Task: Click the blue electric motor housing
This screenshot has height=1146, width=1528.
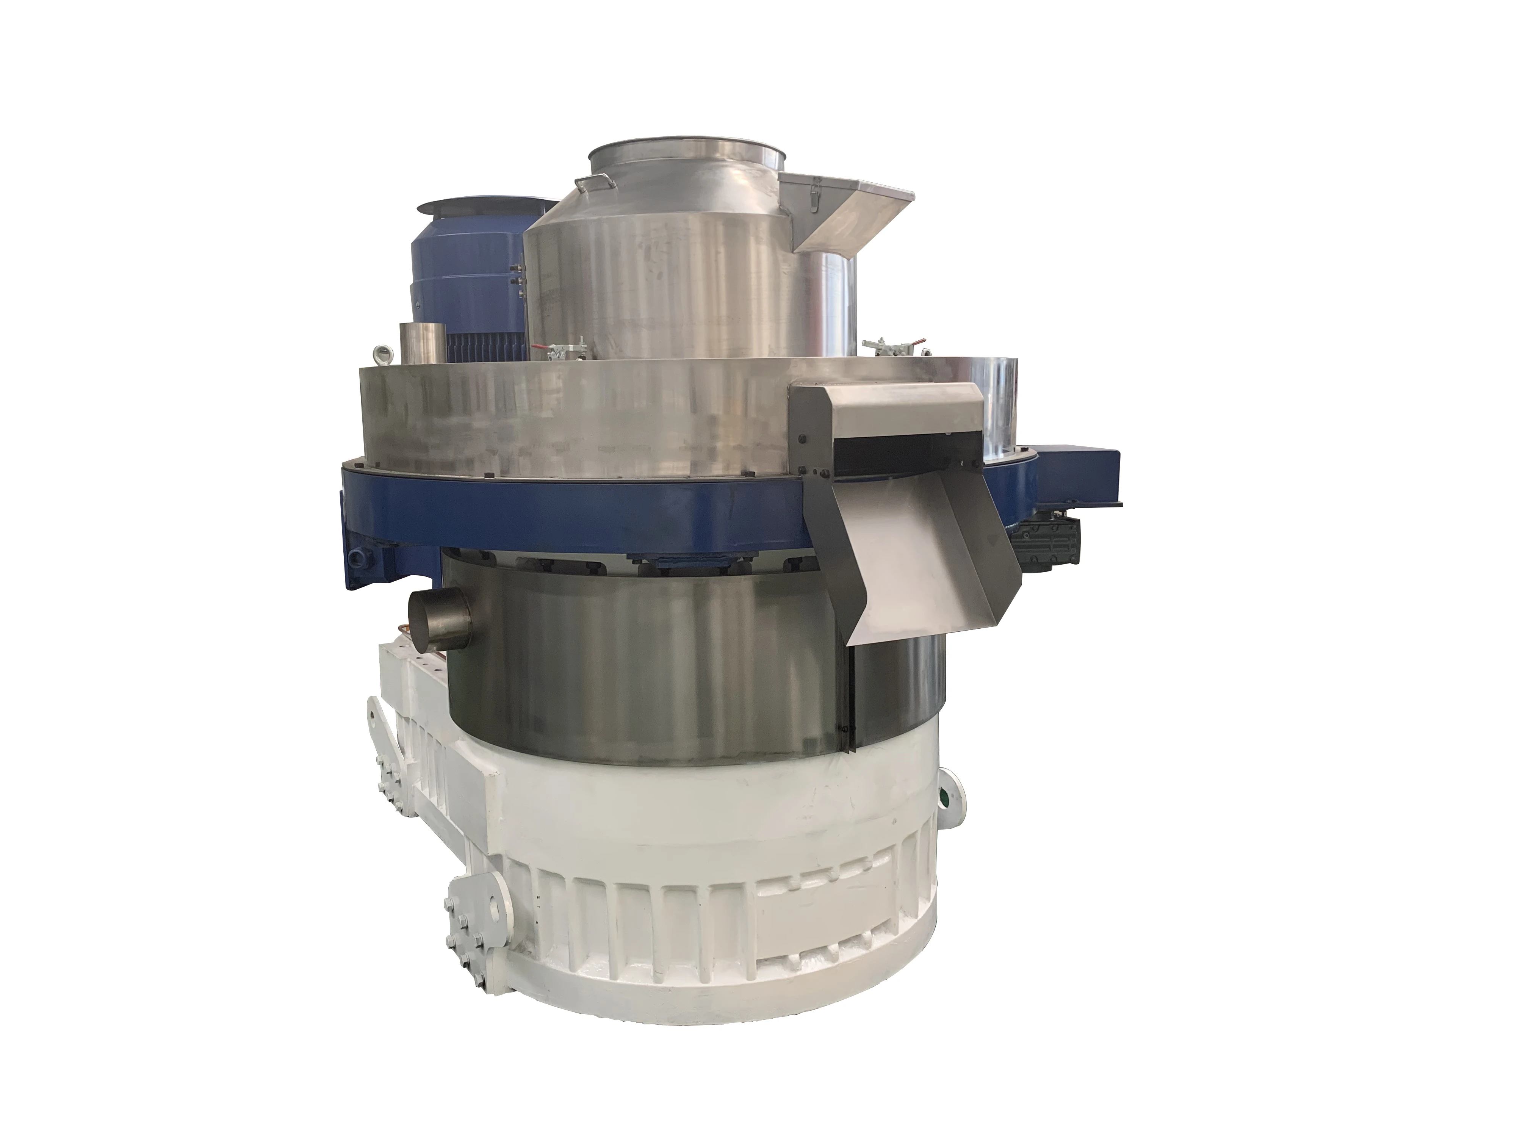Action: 470,276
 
